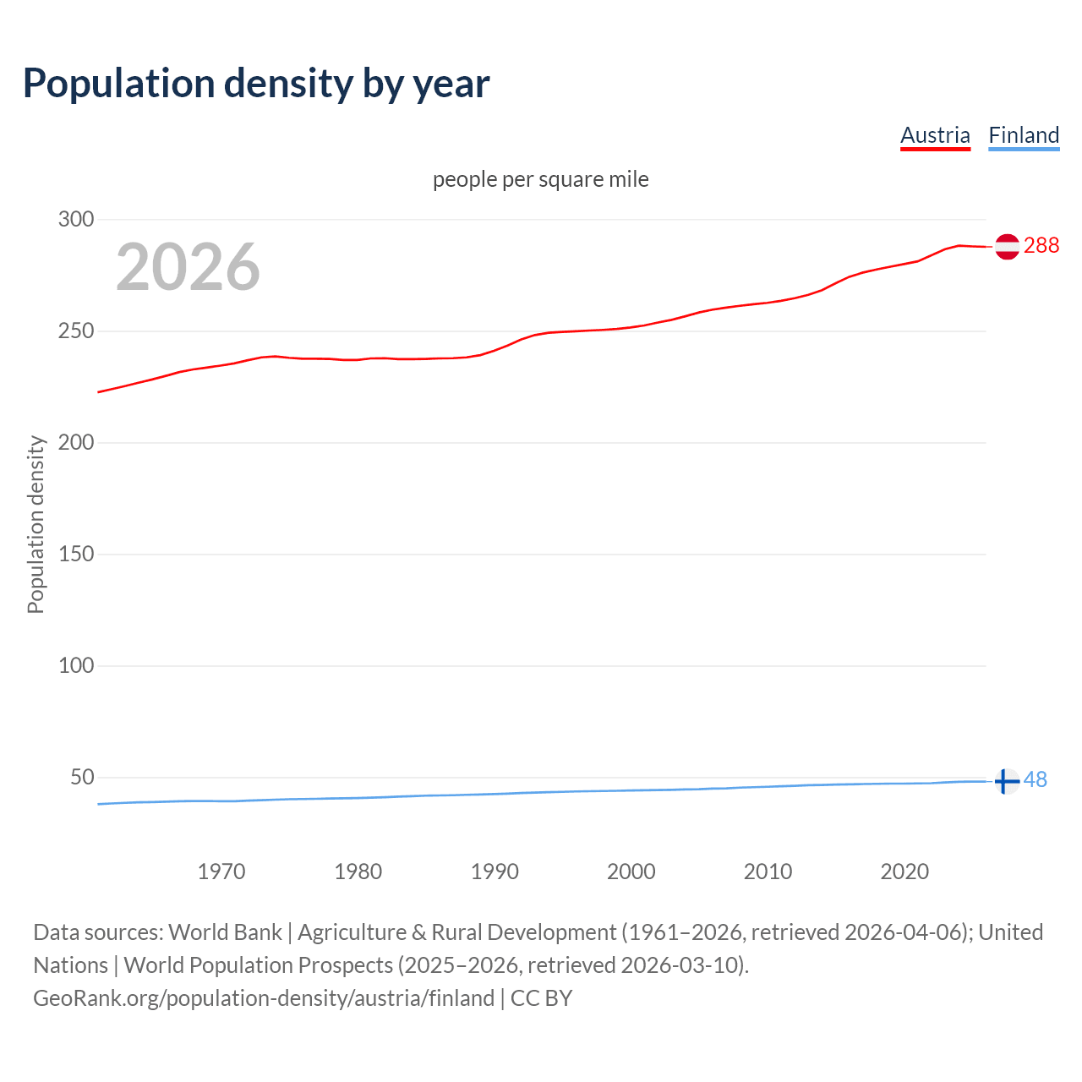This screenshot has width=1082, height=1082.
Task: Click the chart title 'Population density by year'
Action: point(256,84)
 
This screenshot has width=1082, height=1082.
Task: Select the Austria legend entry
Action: point(935,135)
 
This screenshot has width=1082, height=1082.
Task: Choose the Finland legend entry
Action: point(1024,135)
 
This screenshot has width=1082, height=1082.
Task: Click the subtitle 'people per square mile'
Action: point(541,179)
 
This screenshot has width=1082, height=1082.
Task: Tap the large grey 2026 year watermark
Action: point(188,267)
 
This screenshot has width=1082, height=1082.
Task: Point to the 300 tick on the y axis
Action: point(76,220)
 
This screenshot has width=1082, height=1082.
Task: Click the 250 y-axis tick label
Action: point(76,331)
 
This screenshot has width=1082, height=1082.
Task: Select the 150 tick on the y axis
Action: point(76,555)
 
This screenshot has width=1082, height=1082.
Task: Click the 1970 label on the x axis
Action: point(221,872)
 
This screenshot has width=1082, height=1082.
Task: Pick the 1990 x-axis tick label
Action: point(495,872)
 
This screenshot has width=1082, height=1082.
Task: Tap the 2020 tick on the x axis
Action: point(904,872)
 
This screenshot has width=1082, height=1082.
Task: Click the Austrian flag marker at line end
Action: point(1007,246)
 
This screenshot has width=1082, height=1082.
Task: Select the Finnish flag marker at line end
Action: point(1006,781)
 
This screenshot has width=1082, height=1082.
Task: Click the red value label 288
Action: point(1041,245)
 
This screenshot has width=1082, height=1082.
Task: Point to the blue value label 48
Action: point(1036,779)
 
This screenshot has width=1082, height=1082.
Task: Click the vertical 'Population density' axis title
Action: point(36,524)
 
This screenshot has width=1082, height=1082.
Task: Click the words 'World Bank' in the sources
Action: point(225,932)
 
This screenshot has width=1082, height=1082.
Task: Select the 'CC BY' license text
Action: point(542,998)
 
